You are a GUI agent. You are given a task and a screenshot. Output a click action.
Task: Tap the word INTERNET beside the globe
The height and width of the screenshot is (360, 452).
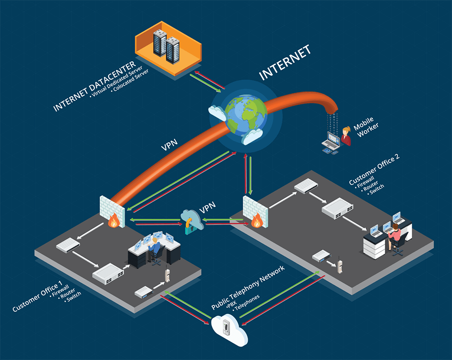[x=285, y=63]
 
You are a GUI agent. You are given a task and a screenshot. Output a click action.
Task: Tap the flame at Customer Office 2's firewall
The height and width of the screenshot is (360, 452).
[x=256, y=220]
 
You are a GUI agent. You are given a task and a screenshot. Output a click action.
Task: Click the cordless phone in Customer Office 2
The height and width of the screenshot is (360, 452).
[x=338, y=265]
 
